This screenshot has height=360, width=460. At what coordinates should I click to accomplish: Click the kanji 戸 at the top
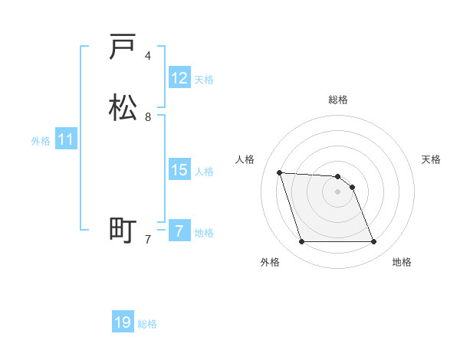click(123, 47)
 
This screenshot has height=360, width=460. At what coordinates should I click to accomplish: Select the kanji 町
click(123, 230)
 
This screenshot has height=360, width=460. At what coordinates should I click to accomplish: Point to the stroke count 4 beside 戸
click(148, 56)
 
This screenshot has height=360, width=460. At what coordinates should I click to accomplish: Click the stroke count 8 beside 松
click(148, 117)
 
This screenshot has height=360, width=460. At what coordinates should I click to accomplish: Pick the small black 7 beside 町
click(148, 239)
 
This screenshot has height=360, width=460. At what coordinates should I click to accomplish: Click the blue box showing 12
click(179, 78)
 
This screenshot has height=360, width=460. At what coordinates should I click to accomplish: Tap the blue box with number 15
click(179, 170)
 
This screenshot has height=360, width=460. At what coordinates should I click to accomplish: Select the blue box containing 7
click(179, 231)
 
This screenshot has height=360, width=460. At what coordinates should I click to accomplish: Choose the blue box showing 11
click(66, 139)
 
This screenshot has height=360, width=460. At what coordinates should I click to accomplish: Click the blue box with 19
click(123, 322)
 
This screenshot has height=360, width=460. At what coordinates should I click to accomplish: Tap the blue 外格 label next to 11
click(41, 141)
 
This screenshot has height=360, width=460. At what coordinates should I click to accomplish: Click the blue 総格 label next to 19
click(147, 324)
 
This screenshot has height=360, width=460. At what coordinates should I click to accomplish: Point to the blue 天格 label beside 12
click(204, 80)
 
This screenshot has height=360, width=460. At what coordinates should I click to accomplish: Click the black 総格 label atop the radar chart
click(338, 100)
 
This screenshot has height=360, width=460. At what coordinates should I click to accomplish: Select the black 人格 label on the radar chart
click(245, 159)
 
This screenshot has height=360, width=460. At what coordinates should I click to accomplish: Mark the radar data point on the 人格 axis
click(279, 172)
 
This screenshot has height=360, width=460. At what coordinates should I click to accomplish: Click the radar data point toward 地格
click(374, 242)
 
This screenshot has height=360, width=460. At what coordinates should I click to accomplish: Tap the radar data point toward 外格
click(301, 242)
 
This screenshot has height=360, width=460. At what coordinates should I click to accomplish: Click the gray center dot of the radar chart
click(338, 191)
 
